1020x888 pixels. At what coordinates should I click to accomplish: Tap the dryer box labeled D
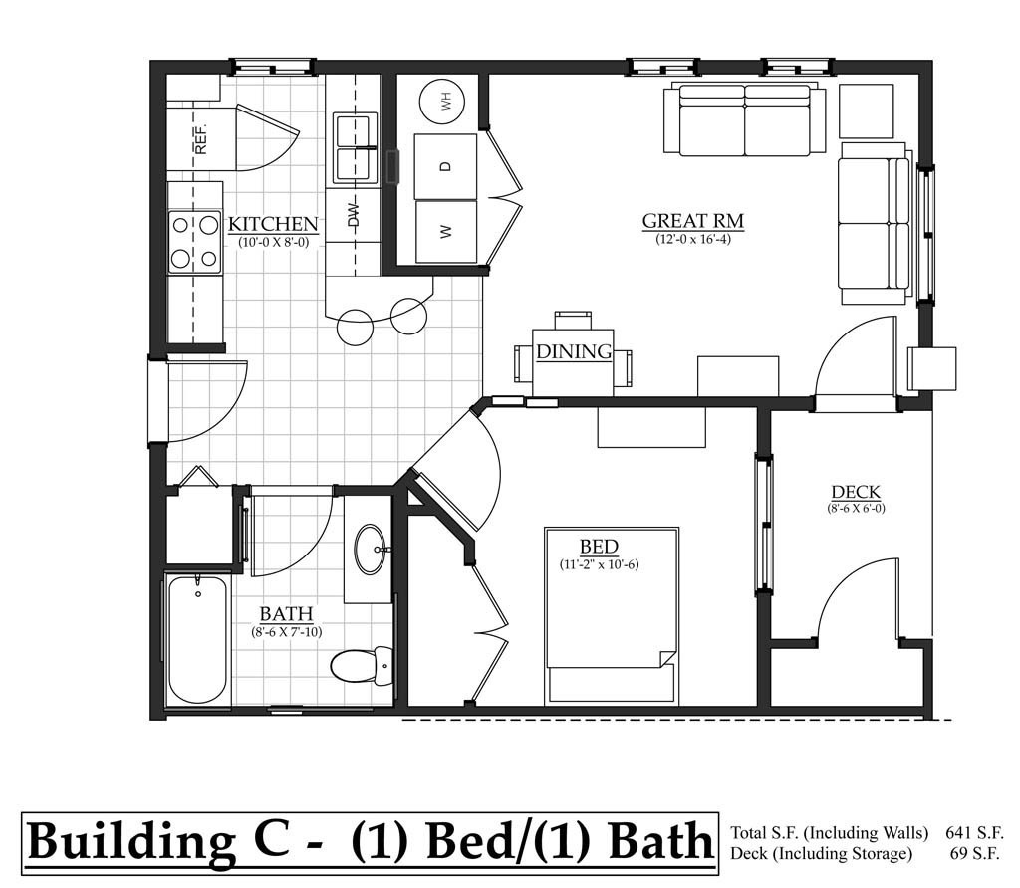pos(445,166)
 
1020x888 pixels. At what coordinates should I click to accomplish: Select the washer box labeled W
pos(445,231)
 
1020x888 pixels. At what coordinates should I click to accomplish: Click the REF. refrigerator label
pos(200,138)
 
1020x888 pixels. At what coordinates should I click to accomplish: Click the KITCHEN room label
pos(273,224)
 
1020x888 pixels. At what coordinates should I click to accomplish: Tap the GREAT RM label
pos(692,221)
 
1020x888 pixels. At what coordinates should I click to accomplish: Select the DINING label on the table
pos(573,351)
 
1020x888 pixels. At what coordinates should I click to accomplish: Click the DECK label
pos(856,492)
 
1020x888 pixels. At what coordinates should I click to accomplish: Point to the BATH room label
pos(286,613)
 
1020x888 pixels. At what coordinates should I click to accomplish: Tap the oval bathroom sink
pos(371,550)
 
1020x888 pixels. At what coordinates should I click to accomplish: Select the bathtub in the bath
pos(197,639)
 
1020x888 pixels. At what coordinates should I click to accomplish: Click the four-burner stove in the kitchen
pos(194,242)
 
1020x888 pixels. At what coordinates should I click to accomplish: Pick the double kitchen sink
pos(355,148)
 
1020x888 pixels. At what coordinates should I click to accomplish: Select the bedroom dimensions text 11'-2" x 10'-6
pos(599,565)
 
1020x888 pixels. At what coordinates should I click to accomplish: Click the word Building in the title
pos(127,841)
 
